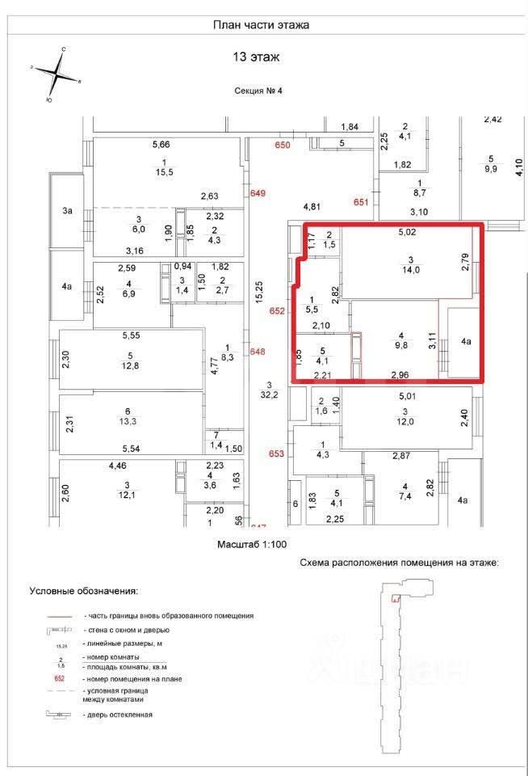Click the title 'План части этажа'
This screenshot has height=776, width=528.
click(261, 25)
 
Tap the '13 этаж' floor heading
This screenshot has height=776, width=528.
click(260, 58)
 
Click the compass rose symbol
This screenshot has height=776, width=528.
click(56, 74)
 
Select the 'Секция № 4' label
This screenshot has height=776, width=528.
click(260, 91)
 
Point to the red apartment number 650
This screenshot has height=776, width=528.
click(281, 145)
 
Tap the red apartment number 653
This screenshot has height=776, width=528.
click(277, 454)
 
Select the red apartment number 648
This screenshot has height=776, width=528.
click(258, 352)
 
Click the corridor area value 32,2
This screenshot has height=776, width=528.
click(267, 396)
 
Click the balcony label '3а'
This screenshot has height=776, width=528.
click(68, 211)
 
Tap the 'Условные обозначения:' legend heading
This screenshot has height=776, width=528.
click(83, 591)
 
